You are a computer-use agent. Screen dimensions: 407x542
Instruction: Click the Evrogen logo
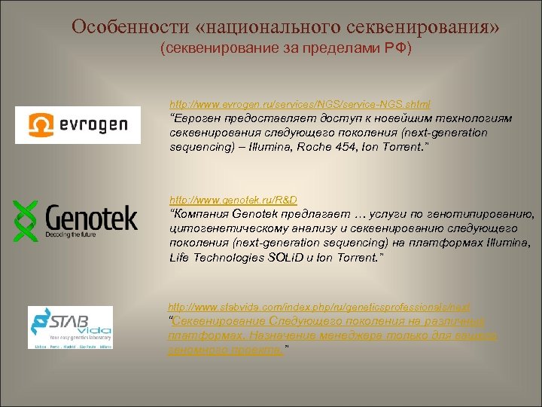point(78,124)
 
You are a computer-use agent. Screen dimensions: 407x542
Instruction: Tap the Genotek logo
point(75,221)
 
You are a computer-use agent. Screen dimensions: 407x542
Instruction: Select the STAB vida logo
point(70,327)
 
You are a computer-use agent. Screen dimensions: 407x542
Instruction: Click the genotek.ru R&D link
point(233,200)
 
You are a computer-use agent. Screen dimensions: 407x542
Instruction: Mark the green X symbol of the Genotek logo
point(26,221)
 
